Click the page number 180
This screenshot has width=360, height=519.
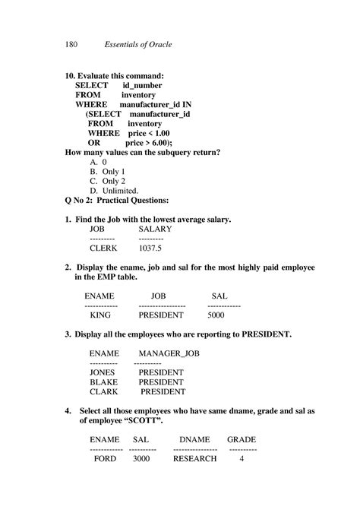(72, 45)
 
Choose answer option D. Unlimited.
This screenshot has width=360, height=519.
(114, 190)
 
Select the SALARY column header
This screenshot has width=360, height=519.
(155, 229)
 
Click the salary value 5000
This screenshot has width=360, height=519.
(216, 315)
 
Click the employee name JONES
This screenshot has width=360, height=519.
(103, 373)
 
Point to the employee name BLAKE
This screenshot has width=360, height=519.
(103, 382)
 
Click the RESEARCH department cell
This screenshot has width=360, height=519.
(195, 459)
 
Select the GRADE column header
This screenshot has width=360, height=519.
(242, 440)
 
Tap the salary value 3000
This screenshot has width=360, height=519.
(141, 459)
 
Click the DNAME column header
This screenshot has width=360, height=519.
(195, 440)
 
